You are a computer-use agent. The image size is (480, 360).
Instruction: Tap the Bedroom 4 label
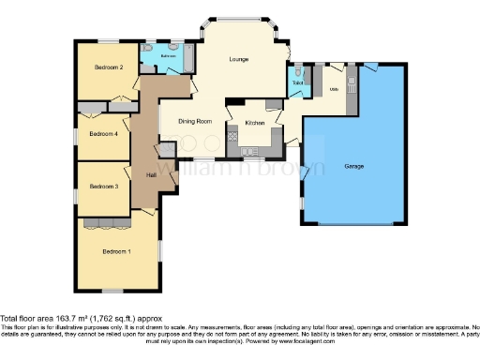tap(103, 134)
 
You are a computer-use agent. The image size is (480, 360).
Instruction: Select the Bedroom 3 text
tap(103, 187)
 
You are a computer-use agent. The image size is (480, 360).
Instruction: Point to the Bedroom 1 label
tap(116, 252)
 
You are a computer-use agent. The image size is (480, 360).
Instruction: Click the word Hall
tap(150, 174)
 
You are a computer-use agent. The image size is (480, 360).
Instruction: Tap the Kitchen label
tap(254, 123)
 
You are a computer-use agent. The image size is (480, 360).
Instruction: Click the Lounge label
tap(239, 60)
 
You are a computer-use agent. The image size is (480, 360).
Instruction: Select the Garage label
tap(353, 166)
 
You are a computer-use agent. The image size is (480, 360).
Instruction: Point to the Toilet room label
tap(297, 83)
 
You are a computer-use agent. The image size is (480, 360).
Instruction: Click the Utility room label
tap(333, 90)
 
